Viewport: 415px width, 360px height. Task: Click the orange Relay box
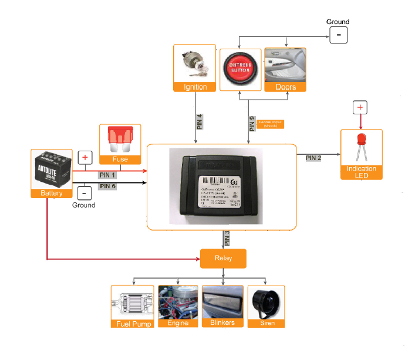pyautogui.click(x=223, y=258)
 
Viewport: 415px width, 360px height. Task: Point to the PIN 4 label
pyautogui.click(x=200, y=121)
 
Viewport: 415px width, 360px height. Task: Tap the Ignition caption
pyautogui.click(x=195, y=87)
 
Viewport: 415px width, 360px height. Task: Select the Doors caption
pyautogui.click(x=285, y=87)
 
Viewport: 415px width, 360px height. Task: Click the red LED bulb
pyautogui.click(x=361, y=143)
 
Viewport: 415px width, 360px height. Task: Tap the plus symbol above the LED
pyautogui.click(x=360, y=108)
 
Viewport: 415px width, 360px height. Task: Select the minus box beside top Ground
pyautogui.click(x=338, y=35)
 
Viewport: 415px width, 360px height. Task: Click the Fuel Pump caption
pyautogui.click(x=133, y=323)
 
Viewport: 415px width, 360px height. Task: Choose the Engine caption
pyautogui.click(x=178, y=323)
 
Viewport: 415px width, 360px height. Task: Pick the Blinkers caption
pyautogui.click(x=222, y=322)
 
